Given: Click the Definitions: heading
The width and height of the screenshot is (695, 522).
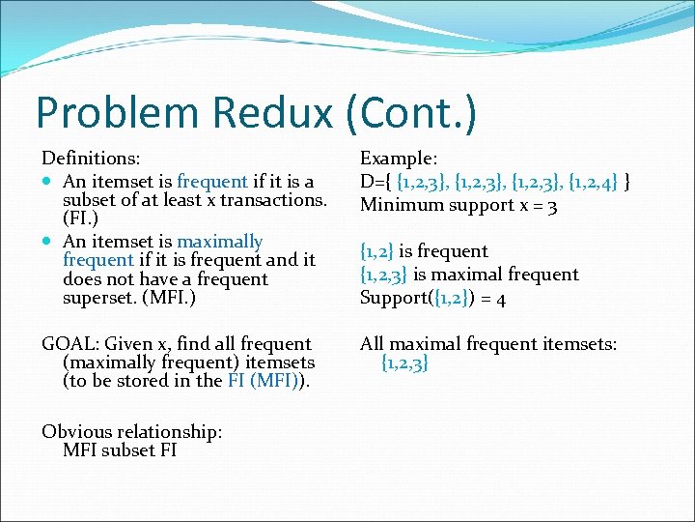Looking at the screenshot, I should (91, 157).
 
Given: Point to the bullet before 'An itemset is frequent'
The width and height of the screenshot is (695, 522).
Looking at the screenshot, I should (48, 182).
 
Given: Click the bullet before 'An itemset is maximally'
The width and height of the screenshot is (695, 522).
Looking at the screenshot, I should (48, 242).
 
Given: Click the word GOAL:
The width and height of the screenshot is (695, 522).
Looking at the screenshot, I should (69, 344).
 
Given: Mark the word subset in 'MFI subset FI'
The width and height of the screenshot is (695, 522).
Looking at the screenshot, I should (129, 450).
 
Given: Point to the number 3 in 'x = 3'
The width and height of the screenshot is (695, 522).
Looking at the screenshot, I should (550, 205).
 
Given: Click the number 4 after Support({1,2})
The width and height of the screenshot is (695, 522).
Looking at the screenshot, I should (501, 298).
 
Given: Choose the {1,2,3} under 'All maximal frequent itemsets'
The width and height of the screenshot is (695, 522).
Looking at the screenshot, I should (405, 363).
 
